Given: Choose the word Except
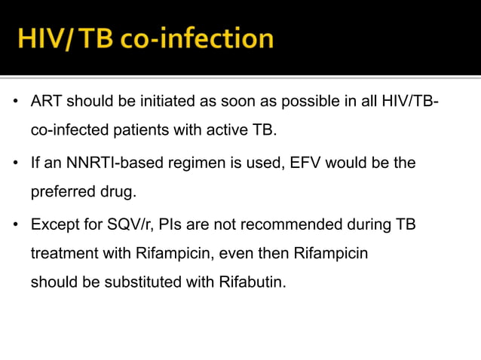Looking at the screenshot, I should pyautogui.click(x=54, y=225).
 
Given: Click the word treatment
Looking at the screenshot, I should pyautogui.click(x=63, y=254).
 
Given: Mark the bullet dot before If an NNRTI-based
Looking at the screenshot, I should pyautogui.click(x=15, y=163).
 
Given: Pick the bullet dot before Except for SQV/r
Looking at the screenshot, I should pyautogui.click(x=15, y=225).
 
